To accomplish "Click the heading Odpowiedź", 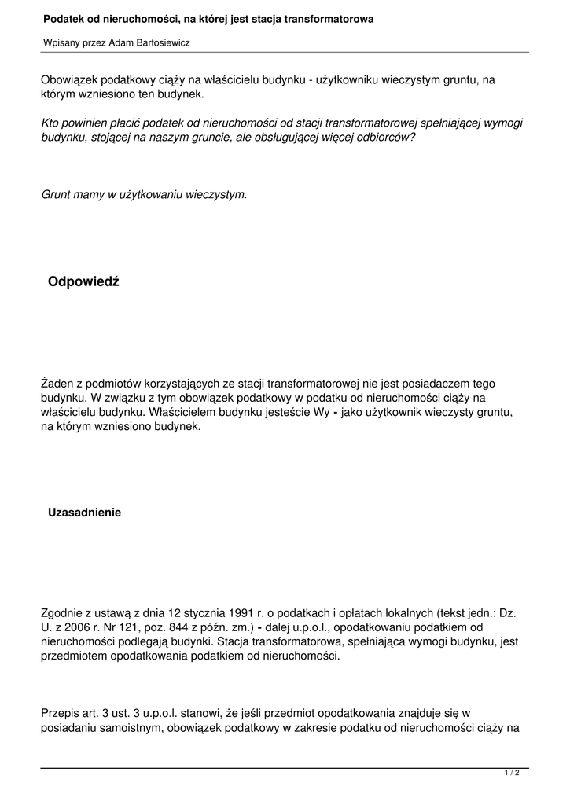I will pyautogui.click(x=83, y=282).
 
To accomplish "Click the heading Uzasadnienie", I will pyautogui.click(x=85, y=513).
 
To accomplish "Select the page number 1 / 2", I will pyautogui.click(x=512, y=774).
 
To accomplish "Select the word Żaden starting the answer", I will pyautogui.click(x=59, y=384).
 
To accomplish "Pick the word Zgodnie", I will pyautogui.click(x=62, y=612).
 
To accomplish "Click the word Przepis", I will pyautogui.click(x=61, y=713).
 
